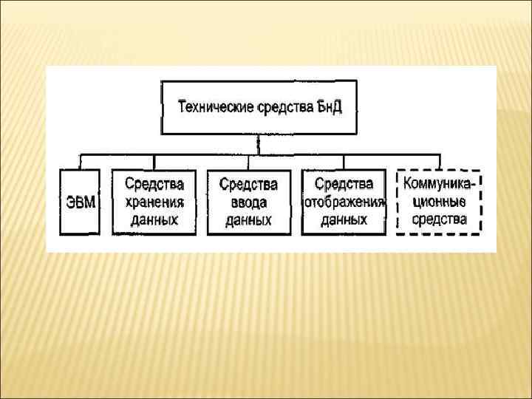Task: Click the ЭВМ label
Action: pos(79,202)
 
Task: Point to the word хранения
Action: pos(154,201)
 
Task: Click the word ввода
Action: pos(248,202)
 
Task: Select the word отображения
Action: pos(344,202)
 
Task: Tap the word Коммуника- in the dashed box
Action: pos(439,183)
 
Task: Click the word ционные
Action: pos(439,201)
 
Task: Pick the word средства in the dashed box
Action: pos(439,219)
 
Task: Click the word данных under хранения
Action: pos(154,219)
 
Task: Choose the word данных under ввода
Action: pos(248,220)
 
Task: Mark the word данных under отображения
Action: pos(344,219)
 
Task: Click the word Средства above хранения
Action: pos(154,183)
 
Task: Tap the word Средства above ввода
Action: pos(248,183)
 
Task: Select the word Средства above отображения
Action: pos(344,183)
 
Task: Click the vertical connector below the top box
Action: pos(258,144)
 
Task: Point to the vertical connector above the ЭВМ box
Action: pos(80,163)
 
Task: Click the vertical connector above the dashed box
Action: pos(439,163)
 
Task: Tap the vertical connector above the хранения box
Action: pos(154,163)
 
